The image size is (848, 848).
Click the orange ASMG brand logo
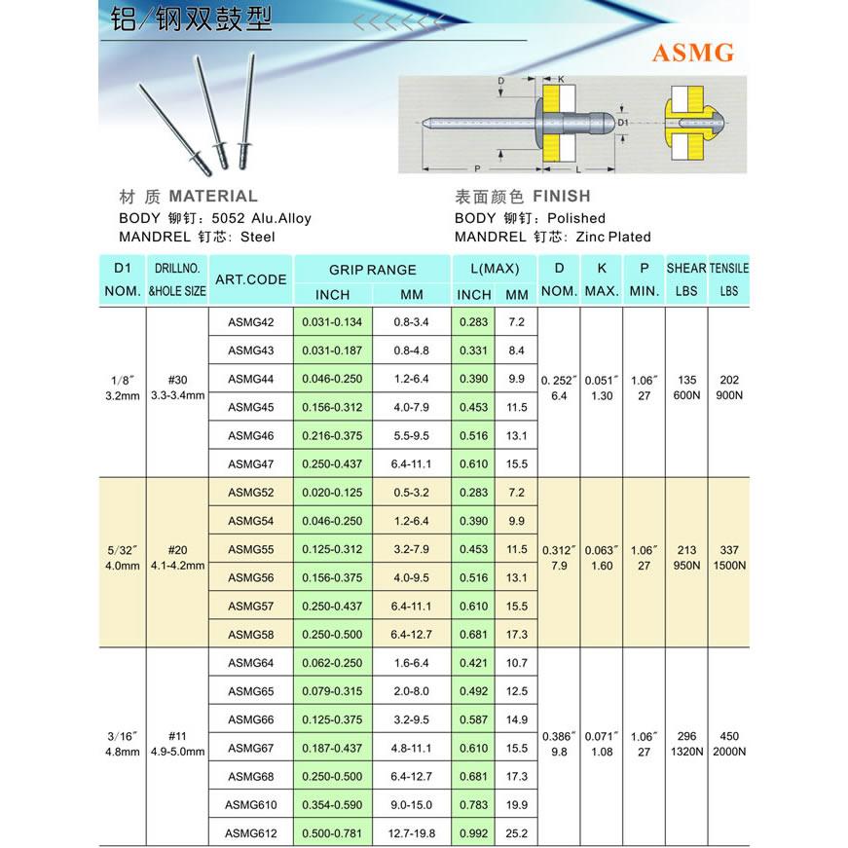click(692, 53)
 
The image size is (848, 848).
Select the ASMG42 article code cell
click(251, 321)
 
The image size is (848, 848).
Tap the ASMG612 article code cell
click(251, 832)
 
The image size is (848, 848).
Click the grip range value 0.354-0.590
click(332, 804)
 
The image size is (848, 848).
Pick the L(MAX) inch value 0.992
click(474, 832)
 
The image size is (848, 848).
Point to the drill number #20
click(177, 550)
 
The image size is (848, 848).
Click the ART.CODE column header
click(251, 279)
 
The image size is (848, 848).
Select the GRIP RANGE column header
click(372, 270)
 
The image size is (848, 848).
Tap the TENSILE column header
click(729, 268)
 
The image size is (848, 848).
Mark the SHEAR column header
click(686, 268)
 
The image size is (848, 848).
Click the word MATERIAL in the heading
click(213, 196)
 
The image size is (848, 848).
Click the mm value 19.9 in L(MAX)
click(517, 804)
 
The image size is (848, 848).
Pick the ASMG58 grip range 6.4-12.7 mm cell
click(413, 635)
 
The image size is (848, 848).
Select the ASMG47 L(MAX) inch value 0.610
click(474, 464)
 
